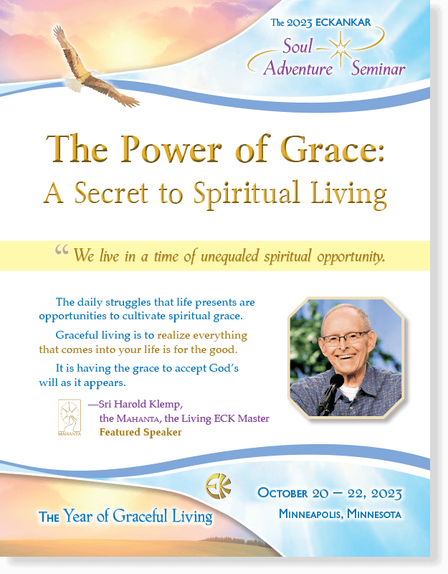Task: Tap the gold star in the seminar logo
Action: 340,50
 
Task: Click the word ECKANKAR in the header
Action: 343,22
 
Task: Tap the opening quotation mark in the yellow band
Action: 62,250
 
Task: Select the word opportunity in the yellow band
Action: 351,257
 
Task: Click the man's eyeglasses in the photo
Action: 345,338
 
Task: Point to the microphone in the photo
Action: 330,393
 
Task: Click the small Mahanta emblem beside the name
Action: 69,418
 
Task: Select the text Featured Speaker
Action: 140,433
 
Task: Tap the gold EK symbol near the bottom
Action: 219,486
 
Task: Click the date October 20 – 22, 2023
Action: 330,493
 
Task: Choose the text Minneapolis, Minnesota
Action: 340,514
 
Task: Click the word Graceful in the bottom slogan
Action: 140,516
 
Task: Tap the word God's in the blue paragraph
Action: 224,368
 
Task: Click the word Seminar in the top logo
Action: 378,69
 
